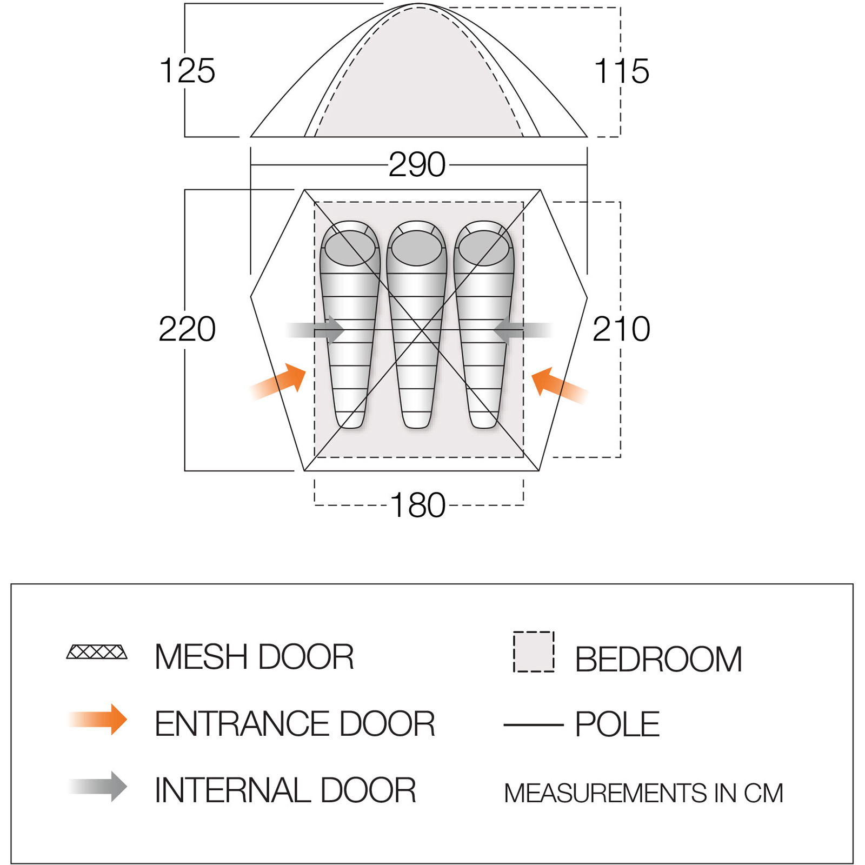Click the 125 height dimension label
187,71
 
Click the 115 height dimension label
621,71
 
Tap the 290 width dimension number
417,164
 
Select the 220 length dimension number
187,329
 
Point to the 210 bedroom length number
621,329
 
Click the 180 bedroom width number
417,505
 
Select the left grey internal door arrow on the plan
316,330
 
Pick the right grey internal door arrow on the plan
522,330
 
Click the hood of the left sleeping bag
350,248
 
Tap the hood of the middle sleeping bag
417,248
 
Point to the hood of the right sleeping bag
484,248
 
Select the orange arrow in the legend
98,720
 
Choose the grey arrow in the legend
98,787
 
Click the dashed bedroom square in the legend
534,651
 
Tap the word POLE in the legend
617,724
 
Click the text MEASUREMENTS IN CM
643,793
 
